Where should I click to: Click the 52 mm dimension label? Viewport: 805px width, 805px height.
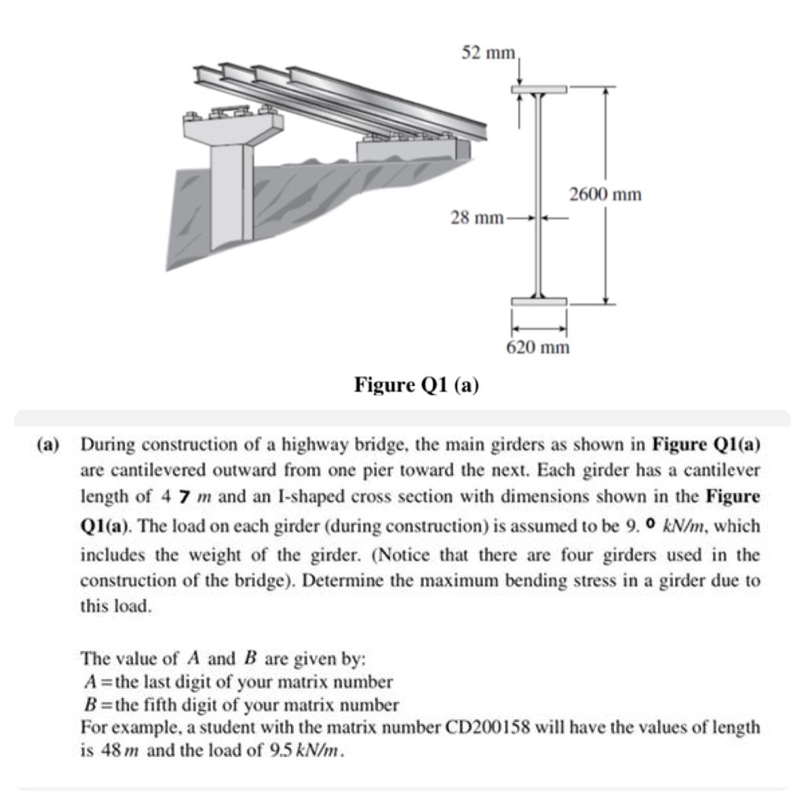487,53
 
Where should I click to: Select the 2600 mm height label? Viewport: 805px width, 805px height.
605,193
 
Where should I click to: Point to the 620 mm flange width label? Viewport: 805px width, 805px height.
537,347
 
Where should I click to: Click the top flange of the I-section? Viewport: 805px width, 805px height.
539,90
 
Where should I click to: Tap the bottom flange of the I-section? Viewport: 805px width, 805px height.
539,302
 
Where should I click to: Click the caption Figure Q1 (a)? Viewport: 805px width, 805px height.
417,385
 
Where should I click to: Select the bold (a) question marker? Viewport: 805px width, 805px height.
48,445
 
